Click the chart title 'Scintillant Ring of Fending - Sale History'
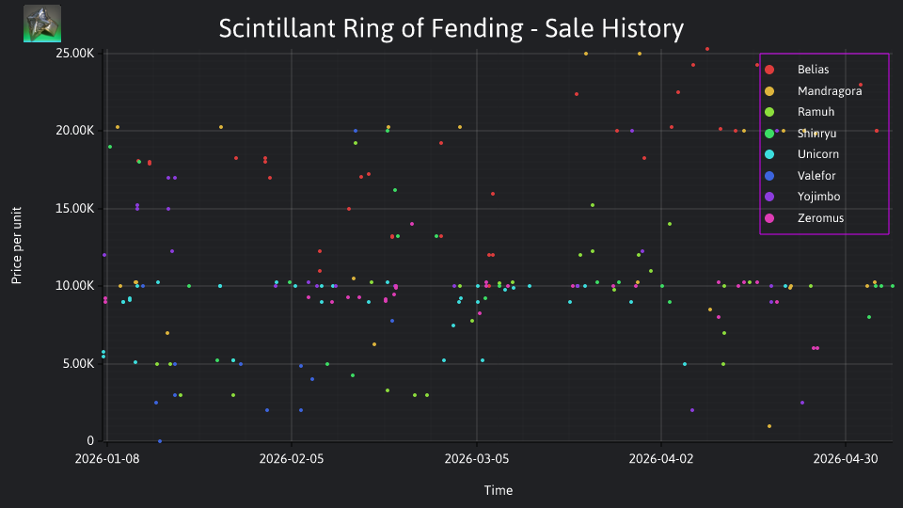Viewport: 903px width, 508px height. click(451, 28)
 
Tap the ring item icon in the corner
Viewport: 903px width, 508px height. click(42, 24)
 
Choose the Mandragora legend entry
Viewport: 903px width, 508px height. click(813, 91)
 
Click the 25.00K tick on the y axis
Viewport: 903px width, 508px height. click(75, 53)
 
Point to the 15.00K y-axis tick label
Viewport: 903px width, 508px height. click(75, 209)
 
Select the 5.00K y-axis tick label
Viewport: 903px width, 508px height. click(78, 363)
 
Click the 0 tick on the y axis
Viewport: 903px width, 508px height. click(90, 440)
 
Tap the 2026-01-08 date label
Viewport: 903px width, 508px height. click(107, 458)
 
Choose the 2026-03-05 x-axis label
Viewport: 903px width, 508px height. click(477, 458)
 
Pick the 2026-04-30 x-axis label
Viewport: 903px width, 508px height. click(846, 458)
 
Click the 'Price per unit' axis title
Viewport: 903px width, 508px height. click(17, 246)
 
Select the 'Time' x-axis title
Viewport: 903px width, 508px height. click(499, 490)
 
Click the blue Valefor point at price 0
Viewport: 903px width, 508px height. click(160, 441)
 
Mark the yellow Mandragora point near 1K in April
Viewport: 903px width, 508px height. click(769, 426)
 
